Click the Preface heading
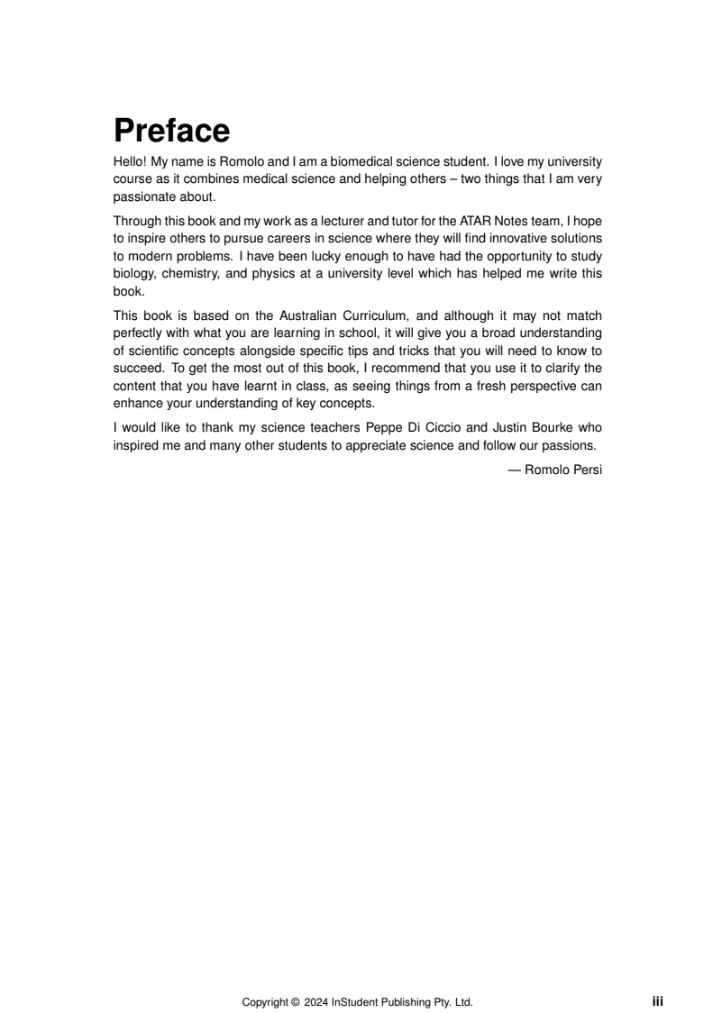(171, 132)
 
